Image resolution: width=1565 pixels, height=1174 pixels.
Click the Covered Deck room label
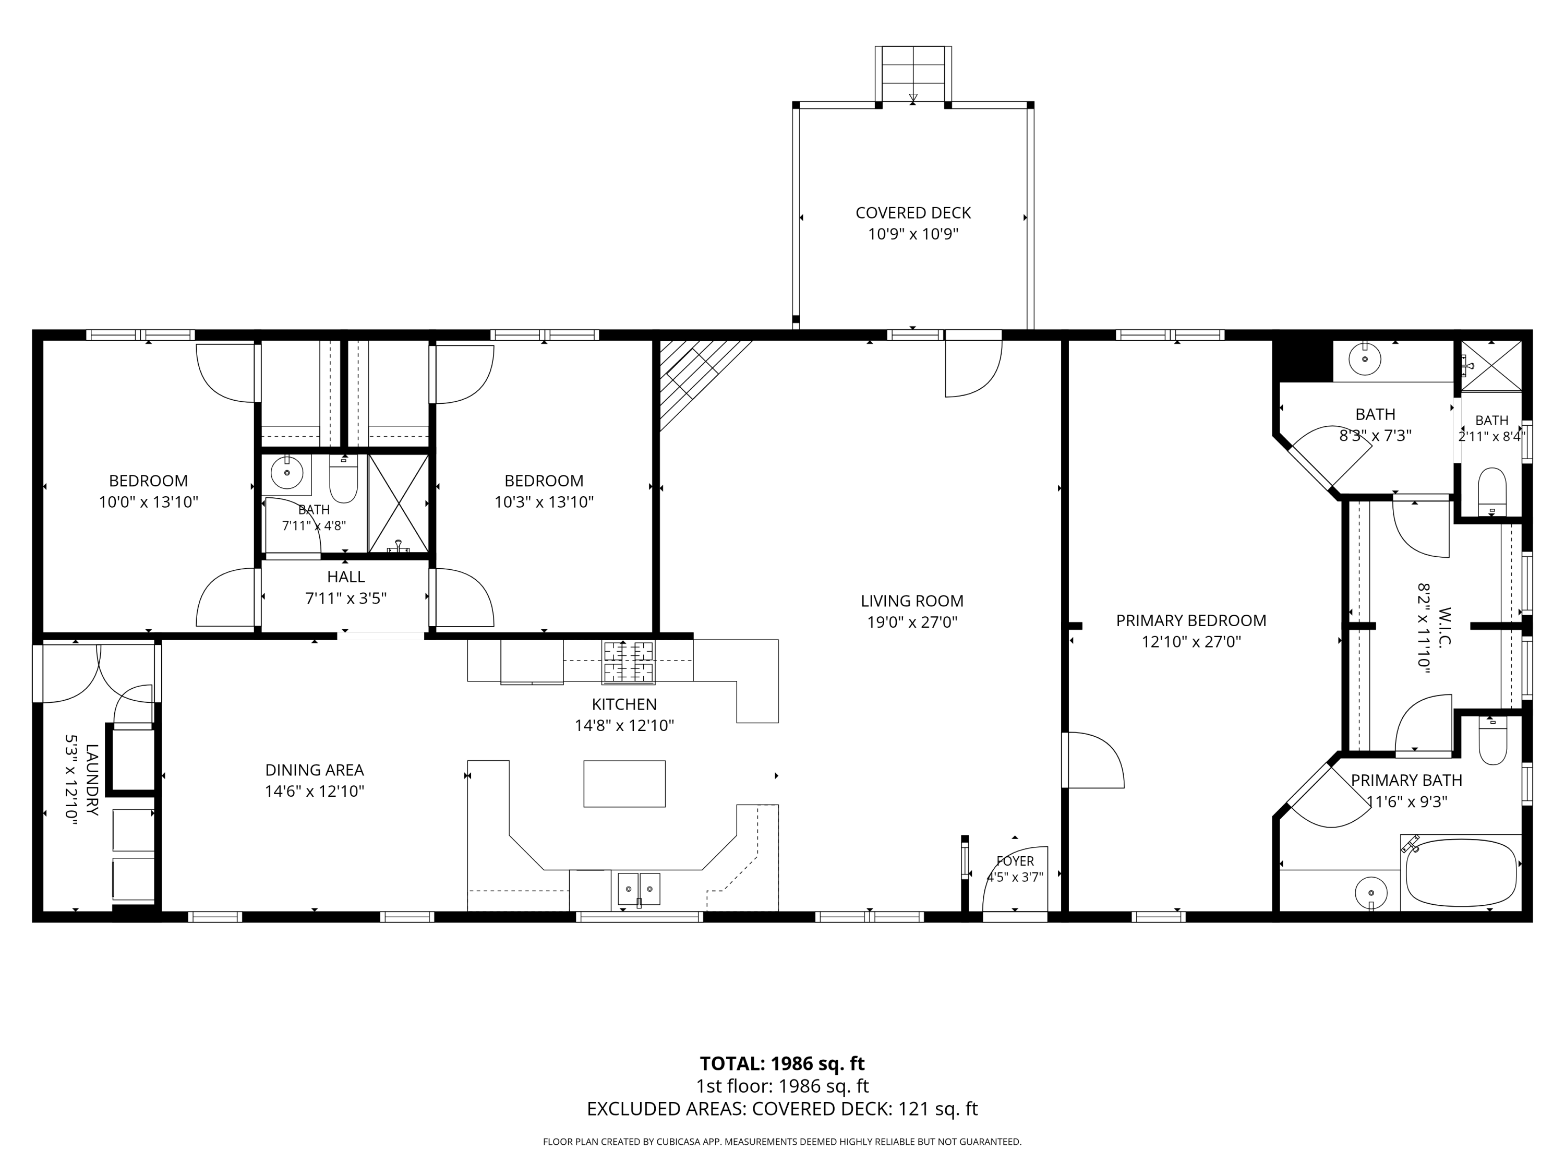click(913, 213)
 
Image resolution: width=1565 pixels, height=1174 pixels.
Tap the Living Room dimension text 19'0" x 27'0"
click(912, 622)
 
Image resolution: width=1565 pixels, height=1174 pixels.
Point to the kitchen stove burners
click(628, 662)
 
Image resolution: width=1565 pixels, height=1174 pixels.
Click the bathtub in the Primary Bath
click(1461, 873)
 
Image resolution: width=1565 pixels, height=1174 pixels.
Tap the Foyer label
click(1015, 861)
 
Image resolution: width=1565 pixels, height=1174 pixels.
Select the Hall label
click(346, 577)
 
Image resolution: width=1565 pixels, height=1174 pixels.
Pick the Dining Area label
click(315, 770)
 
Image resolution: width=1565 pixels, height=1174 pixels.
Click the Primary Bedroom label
click(1191, 620)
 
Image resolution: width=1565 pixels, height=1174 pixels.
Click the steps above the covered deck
click(913, 74)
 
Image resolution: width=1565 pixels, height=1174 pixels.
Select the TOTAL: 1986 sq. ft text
click(782, 1063)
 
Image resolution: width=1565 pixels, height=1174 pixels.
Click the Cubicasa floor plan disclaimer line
click(782, 1142)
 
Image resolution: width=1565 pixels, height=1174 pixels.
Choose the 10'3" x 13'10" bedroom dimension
click(544, 502)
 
